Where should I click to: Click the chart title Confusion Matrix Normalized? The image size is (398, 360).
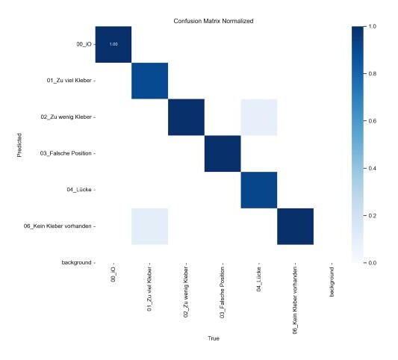(214, 21)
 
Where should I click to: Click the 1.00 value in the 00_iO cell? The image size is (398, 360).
(114, 44)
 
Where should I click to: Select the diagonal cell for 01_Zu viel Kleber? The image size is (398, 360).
(150, 81)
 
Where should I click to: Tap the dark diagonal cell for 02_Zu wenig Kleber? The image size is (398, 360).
(186, 117)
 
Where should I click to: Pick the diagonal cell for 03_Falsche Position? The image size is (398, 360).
(223, 154)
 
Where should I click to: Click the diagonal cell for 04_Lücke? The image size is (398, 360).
(259, 190)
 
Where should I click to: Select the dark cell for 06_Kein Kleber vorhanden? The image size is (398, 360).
(295, 226)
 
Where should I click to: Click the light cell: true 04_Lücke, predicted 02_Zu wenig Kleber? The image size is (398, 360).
(259, 117)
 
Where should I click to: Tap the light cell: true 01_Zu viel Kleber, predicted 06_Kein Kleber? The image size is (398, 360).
(150, 226)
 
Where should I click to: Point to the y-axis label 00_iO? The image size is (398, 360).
(84, 44)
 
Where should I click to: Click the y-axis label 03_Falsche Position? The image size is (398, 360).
(66, 153)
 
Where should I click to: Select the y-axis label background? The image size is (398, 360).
(76, 262)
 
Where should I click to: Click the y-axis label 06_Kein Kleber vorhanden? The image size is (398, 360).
(57, 226)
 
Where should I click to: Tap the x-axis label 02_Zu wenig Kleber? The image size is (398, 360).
(186, 292)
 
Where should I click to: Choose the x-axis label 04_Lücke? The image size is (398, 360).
(258, 279)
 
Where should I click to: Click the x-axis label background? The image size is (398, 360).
(332, 282)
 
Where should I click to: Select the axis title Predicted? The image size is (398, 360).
(19, 145)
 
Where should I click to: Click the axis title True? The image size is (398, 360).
(214, 338)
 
